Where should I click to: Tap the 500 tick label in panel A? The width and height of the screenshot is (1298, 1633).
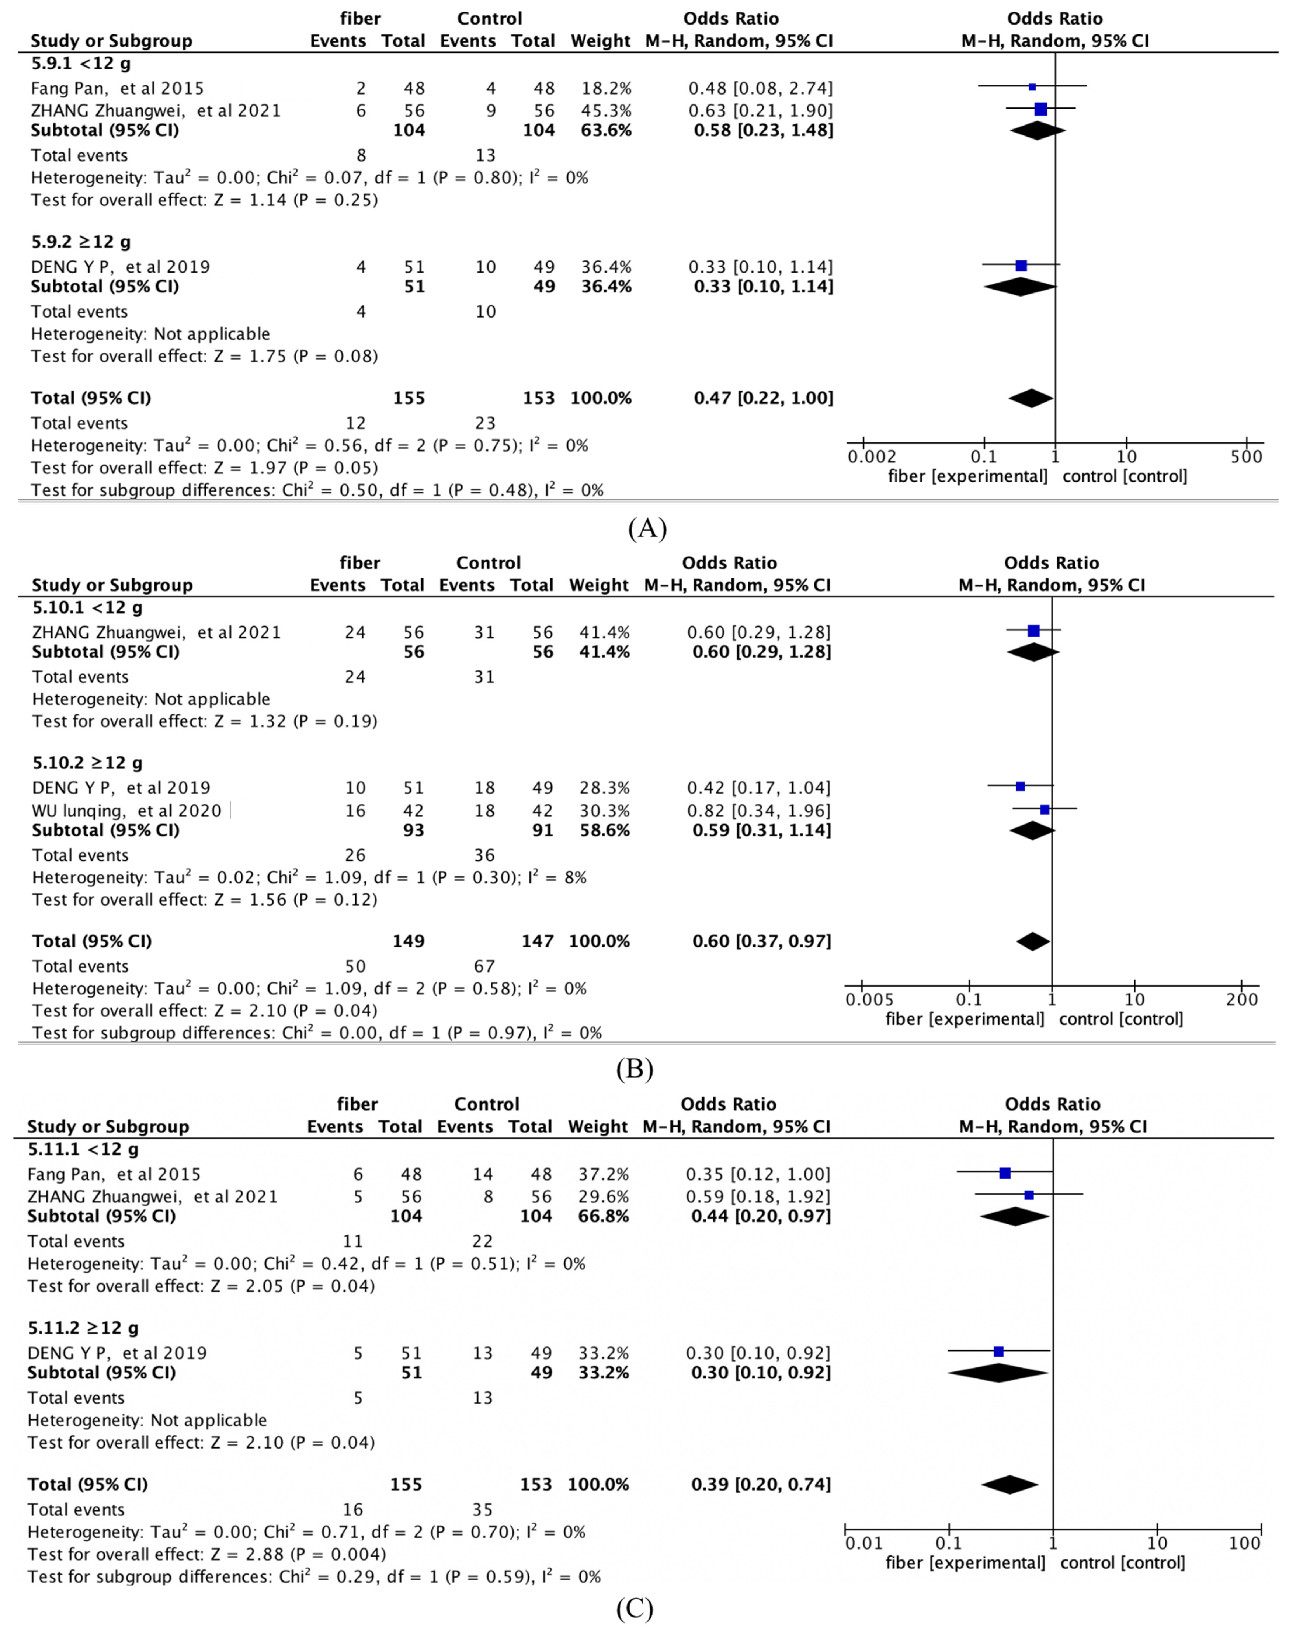pos(1247,457)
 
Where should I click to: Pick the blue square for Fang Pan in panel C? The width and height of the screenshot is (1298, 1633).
pos(1005,1173)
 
